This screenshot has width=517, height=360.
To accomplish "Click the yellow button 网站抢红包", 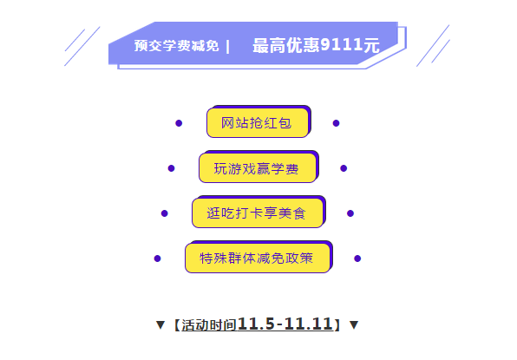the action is click(258, 122).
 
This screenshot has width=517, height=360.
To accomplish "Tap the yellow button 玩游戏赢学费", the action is click(258, 167).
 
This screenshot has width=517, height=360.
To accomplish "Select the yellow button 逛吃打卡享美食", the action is click(258, 213).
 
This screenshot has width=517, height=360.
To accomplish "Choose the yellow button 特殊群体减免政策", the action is click(258, 259).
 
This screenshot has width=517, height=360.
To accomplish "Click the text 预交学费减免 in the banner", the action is click(176, 46).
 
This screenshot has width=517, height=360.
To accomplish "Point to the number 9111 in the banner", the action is click(341, 44).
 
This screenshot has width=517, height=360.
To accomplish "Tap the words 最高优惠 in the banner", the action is click(286, 45).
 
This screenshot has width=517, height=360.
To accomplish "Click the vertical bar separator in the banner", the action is click(228, 47).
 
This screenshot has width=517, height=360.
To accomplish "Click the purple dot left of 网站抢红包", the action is click(179, 123).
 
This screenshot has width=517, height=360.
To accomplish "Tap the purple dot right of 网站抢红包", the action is click(336, 123).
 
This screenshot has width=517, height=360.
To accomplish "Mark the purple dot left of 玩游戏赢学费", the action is click(171, 168).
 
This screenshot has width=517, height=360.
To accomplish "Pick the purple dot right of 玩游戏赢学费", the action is click(344, 168).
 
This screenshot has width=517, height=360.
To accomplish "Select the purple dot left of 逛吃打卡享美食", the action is click(165, 213).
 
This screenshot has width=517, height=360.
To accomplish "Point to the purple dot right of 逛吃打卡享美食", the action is click(350, 213).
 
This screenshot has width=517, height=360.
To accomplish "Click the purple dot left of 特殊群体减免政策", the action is click(157, 259).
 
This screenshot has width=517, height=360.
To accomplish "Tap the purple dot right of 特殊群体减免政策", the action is click(357, 259).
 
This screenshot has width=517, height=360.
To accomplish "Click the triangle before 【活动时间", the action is click(160, 324).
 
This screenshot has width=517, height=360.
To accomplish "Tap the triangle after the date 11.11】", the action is click(354, 324).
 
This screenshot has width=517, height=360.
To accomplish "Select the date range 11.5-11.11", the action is click(285, 324).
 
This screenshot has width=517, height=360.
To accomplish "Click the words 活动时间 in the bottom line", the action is click(209, 325).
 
